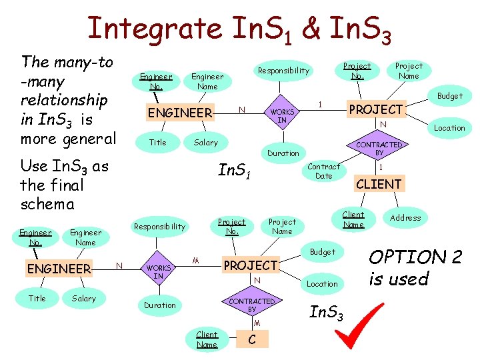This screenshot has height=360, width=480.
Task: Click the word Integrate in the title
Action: [154, 28]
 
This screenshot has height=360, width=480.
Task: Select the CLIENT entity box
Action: [379, 184]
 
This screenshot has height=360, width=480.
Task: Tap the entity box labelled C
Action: [252, 339]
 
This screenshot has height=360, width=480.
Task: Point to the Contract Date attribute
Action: [324, 171]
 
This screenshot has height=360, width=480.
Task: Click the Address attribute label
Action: [405, 217]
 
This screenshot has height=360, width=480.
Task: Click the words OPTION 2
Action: [407, 257]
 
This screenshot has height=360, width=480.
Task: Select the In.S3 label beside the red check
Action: [327, 311]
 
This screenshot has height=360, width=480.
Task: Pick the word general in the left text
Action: [88, 139]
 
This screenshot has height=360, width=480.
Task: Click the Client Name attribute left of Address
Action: [353, 219]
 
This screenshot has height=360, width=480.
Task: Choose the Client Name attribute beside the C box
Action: [207, 339]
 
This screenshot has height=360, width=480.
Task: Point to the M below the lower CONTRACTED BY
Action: [257, 323]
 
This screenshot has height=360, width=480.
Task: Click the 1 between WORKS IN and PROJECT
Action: [321, 104]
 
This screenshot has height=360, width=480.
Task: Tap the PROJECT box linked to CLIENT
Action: [377, 109]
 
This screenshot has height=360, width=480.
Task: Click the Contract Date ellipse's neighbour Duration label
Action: [283, 153]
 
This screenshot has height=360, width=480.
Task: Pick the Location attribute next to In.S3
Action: [323, 283]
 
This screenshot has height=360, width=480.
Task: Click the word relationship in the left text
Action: [64, 100]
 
